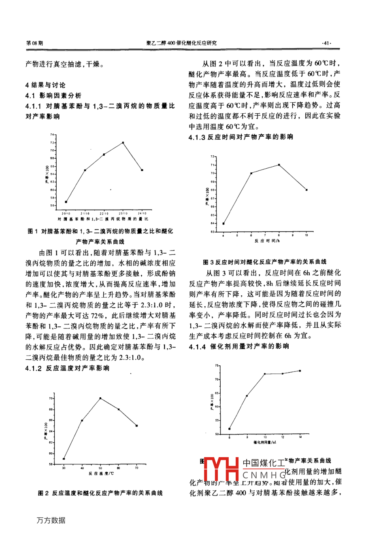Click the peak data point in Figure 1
click(123, 142)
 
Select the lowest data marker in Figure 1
click(66, 202)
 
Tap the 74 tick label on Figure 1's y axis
click(51, 134)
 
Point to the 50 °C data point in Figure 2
click(100, 398)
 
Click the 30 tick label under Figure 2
click(64, 468)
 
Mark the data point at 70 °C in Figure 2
click(137, 426)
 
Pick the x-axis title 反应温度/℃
click(100, 473)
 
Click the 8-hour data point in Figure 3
click(279, 165)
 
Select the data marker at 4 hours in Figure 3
click(223, 224)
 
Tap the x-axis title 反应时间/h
click(265, 241)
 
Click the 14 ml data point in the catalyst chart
click(300, 371)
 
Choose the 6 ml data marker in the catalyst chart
click(230, 429)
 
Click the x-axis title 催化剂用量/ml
click(264, 443)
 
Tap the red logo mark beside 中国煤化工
click(221, 469)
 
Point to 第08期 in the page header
click(35, 43)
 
